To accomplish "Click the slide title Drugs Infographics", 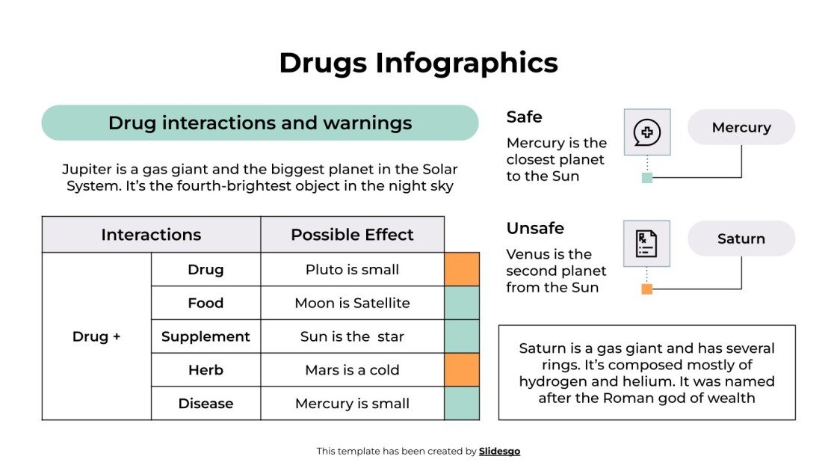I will coord(418,63).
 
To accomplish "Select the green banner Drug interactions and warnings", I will coord(259,123).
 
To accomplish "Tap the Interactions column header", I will coord(151,235).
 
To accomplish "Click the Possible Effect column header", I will coord(352,235).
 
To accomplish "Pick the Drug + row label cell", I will coord(96,336).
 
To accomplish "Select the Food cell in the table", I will coord(206,303).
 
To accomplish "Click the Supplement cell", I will coord(206,336).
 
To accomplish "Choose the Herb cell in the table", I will coord(206,370).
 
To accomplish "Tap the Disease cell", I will coord(206,404).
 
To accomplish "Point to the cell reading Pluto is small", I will coord(352,269).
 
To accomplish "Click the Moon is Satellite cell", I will coord(352,303).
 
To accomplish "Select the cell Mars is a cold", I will coord(352,370).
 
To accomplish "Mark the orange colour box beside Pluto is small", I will coord(462,269).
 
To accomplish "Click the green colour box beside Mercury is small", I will coord(462,404).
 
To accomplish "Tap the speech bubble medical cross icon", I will coord(646,132).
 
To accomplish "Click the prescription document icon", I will coord(646,244).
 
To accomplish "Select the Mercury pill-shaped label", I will coord(741,127).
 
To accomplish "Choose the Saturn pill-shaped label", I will coord(741,238).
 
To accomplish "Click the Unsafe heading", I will coord(535,228).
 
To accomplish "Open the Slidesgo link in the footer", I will coord(499,451).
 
